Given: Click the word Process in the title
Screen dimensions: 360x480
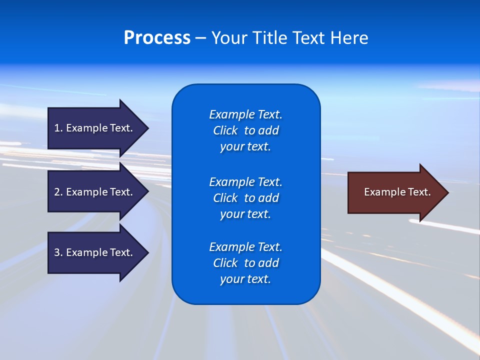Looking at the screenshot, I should pyautogui.click(x=157, y=38).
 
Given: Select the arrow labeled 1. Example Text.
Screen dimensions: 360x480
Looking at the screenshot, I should pyautogui.click(x=95, y=128).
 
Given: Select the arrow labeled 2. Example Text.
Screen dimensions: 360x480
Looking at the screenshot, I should pyautogui.click(x=95, y=192).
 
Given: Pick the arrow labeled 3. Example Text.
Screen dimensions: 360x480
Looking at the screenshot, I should pyautogui.click(x=95, y=252).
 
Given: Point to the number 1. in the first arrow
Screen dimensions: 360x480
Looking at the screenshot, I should pyautogui.click(x=58, y=128).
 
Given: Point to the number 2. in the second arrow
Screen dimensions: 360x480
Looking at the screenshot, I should pyautogui.click(x=58, y=192).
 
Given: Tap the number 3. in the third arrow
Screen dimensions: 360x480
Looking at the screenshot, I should pyautogui.click(x=58, y=252).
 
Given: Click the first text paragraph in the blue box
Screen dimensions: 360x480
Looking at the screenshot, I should pyautogui.click(x=245, y=130).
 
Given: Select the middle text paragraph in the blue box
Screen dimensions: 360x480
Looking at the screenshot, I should pyautogui.click(x=245, y=197).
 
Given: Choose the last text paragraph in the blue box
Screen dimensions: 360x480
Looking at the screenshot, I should pyautogui.click(x=245, y=263).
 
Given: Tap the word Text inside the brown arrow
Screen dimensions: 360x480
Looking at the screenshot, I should pyautogui.click(x=420, y=192).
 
